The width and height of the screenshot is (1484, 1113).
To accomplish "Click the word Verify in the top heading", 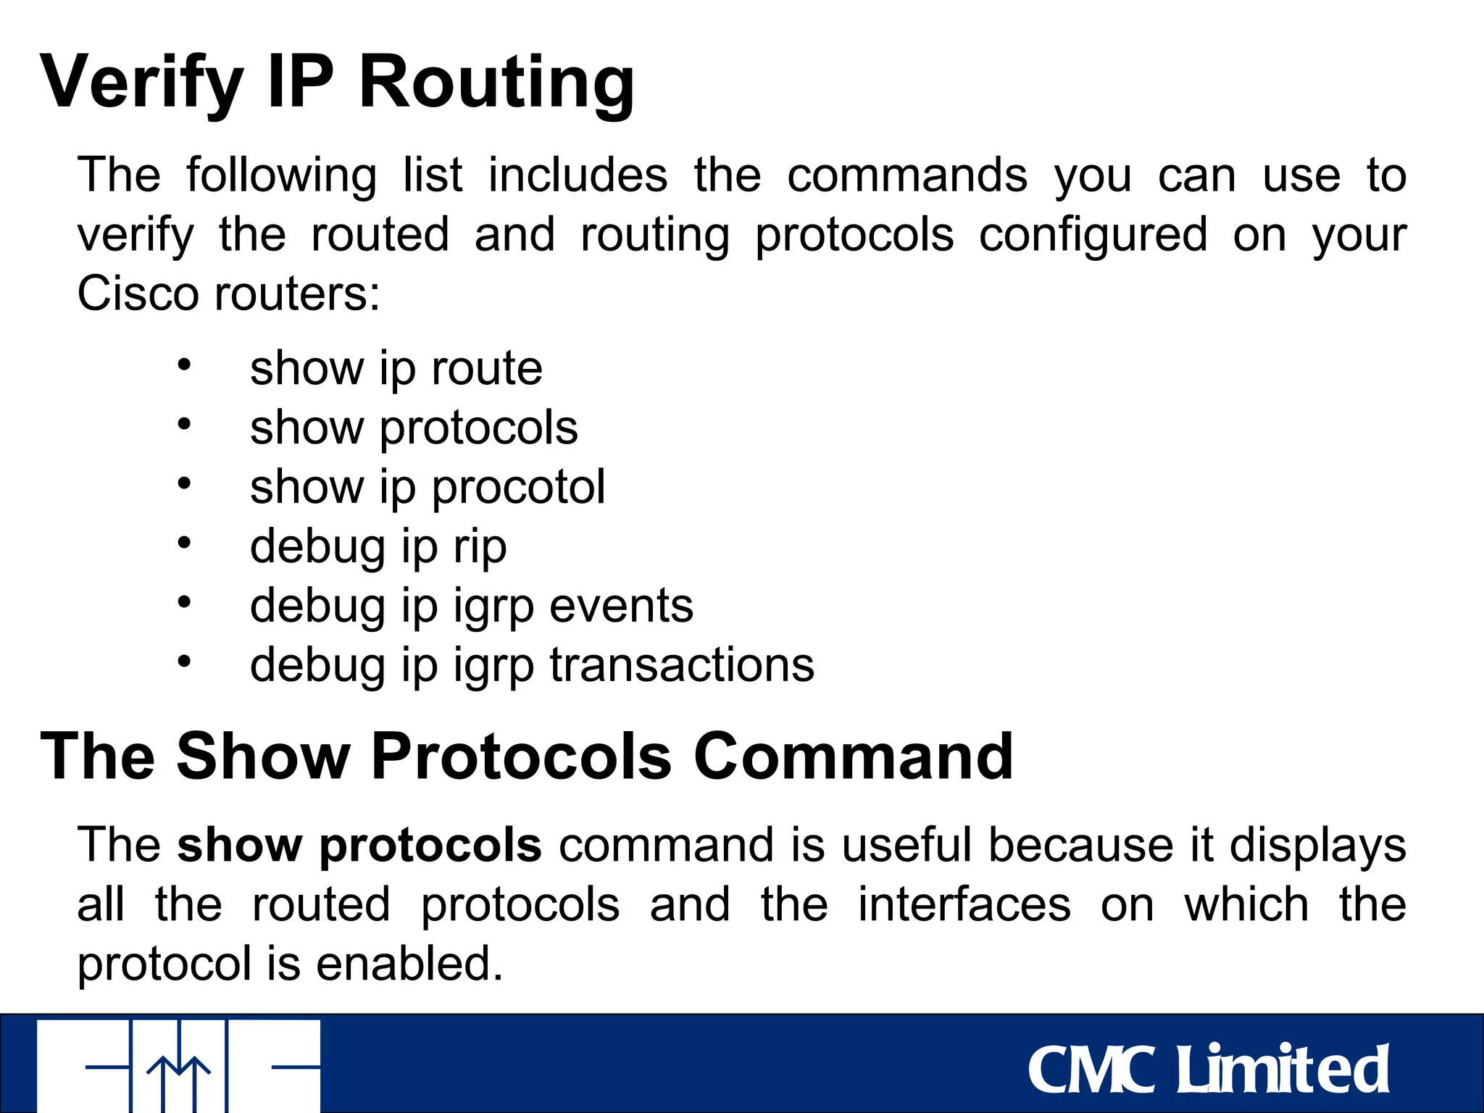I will pyautogui.click(x=142, y=83).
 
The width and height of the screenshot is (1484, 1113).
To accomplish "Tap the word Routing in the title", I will pyautogui.click(x=496, y=83).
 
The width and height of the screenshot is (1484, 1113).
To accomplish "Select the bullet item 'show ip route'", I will pyautogui.click(x=396, y=369).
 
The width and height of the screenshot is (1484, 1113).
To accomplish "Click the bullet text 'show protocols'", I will pyautogui.click(x=414, y=428).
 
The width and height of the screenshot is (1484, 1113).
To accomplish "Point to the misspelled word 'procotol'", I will pyautogui.click(x=518, y=487).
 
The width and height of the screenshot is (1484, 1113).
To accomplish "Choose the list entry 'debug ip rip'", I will pyautogui.click(x=378, y=547).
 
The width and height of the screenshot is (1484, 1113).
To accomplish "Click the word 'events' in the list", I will pyautogui.click(x=621, y=606).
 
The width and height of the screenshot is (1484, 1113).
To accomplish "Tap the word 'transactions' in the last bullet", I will pyautogui.click(x=681, y=665).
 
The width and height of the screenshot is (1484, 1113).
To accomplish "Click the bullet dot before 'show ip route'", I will pyautogui.click(x=184, y=364).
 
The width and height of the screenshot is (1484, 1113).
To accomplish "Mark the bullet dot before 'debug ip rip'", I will pyautogui.click(x=184, y=542).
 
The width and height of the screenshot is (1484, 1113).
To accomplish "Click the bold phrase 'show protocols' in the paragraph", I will pyautogui.click(x=359, y=846).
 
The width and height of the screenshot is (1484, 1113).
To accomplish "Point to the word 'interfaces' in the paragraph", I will pyautogui.click(x=964, y=905).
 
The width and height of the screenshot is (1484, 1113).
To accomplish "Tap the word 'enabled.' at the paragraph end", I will pyautogui.click(x=409, y=964).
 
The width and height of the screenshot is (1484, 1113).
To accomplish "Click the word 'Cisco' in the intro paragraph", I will pyautogui.click(x=138, y=294).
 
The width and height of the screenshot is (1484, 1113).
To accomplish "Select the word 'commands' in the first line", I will pyautogui.click(x=907, y=176).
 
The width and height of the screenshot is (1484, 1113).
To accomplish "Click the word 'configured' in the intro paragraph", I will pyautogui.click(x=1093, y=235).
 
